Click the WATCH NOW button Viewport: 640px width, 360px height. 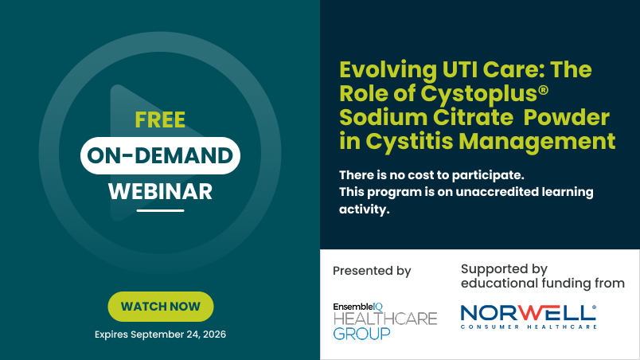(x=161, y=307)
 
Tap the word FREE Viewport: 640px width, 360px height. (x=160, y=120)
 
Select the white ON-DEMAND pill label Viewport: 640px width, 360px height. (x=160, y=155)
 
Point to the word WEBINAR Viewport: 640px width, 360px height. (x=160, y=191)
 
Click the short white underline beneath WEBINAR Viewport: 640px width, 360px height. (x=160, y=210)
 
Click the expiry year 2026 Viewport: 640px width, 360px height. (x=214, y=335)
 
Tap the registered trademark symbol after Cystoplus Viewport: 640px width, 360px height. (x=543, y=89)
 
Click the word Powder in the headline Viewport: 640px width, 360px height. (x=566, y=118)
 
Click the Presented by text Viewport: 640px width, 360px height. (x=372, y=271)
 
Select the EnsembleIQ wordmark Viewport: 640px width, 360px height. (x=358, y=307)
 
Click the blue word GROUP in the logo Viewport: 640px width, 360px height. (x=361, y=334)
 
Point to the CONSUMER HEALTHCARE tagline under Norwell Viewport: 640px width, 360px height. (x=529, y=327)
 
